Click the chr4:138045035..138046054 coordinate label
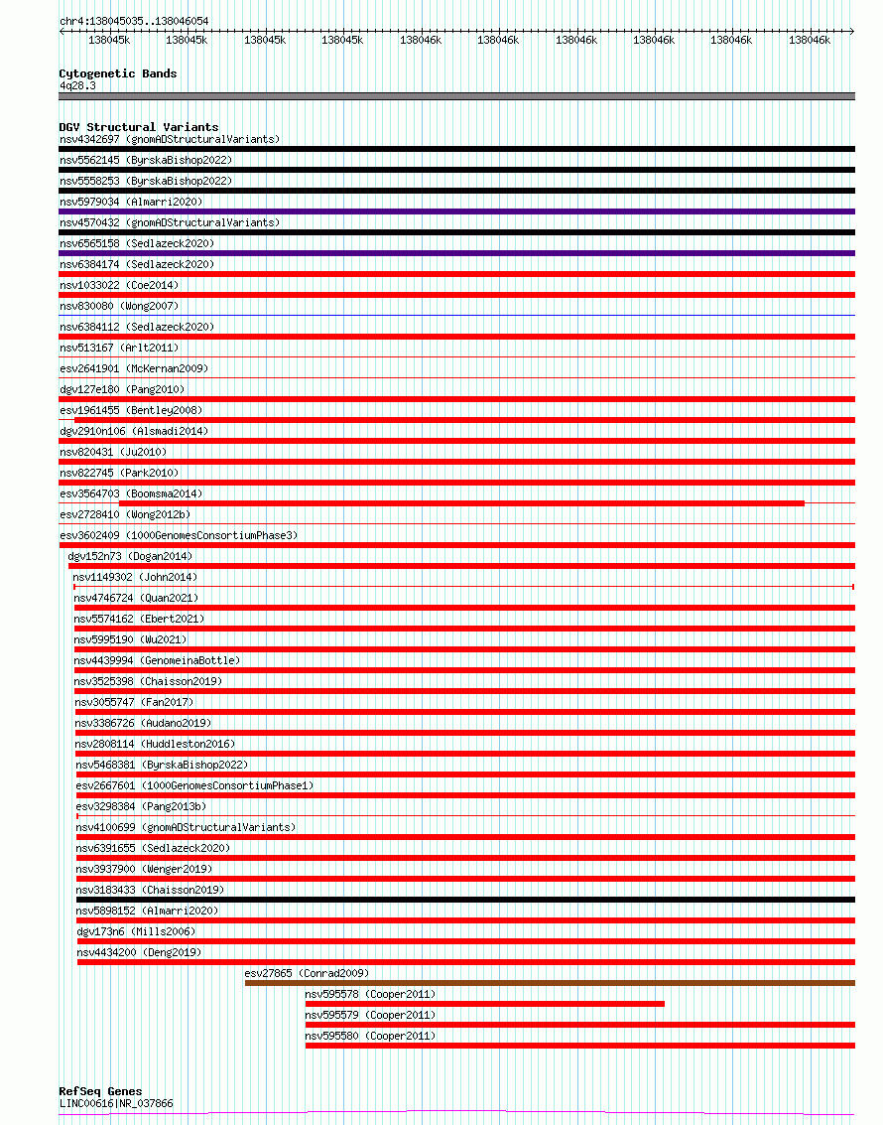pos(133,21)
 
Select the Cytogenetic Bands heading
pos(117,73)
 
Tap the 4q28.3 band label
pos(77,85)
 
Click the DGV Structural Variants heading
pos(138,127)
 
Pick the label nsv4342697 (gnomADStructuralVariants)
pos(169,139)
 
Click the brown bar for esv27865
pos(549,983)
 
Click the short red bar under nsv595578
pos(484,1004)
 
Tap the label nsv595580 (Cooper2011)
pos(370,1036)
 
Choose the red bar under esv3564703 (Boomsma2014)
pos(461,503)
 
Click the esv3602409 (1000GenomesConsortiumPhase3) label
pos(178,535)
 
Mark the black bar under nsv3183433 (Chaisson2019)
pos(465,900)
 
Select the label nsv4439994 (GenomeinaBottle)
pos(157,660)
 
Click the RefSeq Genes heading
pos(100,1091)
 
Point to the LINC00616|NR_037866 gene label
pos(116,1103)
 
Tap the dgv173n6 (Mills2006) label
pos(136,931)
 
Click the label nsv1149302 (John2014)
pos(135,577)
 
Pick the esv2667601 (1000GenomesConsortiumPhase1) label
pos(194,785)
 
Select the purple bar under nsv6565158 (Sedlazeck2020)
pos(456,253)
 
